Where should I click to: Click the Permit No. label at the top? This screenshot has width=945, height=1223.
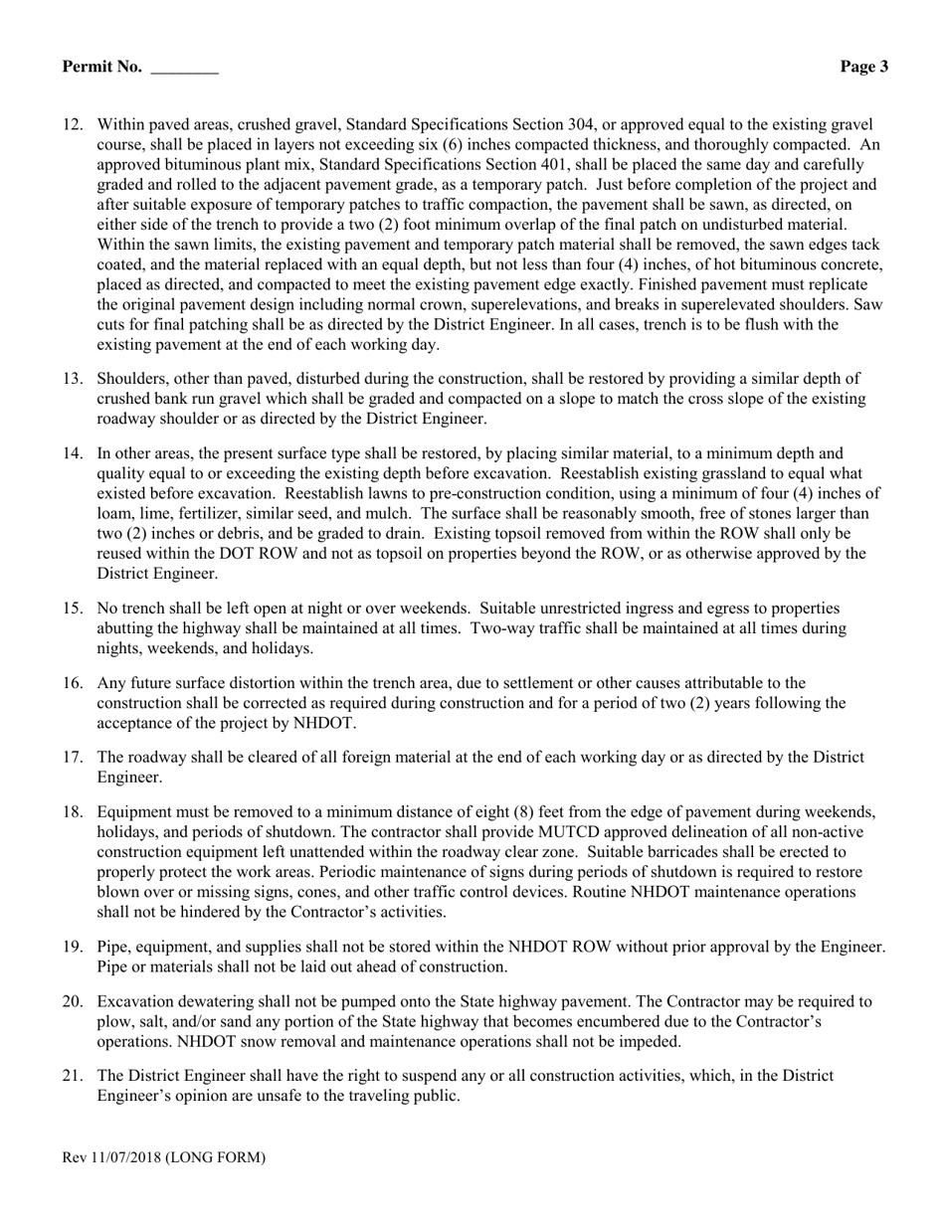click(101, 67)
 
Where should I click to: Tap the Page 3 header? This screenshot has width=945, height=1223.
click(863, 67)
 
